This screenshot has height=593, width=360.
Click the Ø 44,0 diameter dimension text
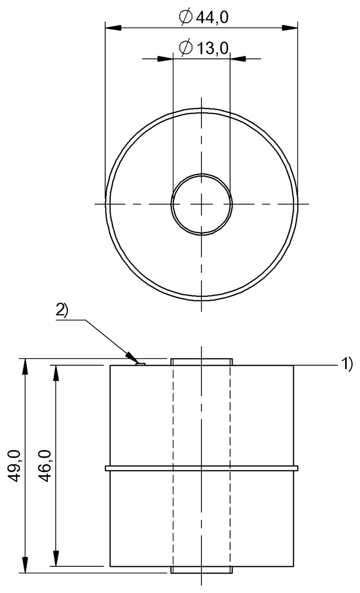(203, 18)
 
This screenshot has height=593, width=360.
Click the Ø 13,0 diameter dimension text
(203, 47)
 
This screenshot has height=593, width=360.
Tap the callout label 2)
(62, 310)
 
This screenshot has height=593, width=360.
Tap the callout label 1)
(347, 364)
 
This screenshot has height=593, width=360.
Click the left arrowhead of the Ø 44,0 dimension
(113, 28)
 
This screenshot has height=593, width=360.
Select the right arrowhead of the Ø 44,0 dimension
(289, 28)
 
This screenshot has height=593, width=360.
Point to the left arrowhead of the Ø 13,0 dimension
(165, 58)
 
